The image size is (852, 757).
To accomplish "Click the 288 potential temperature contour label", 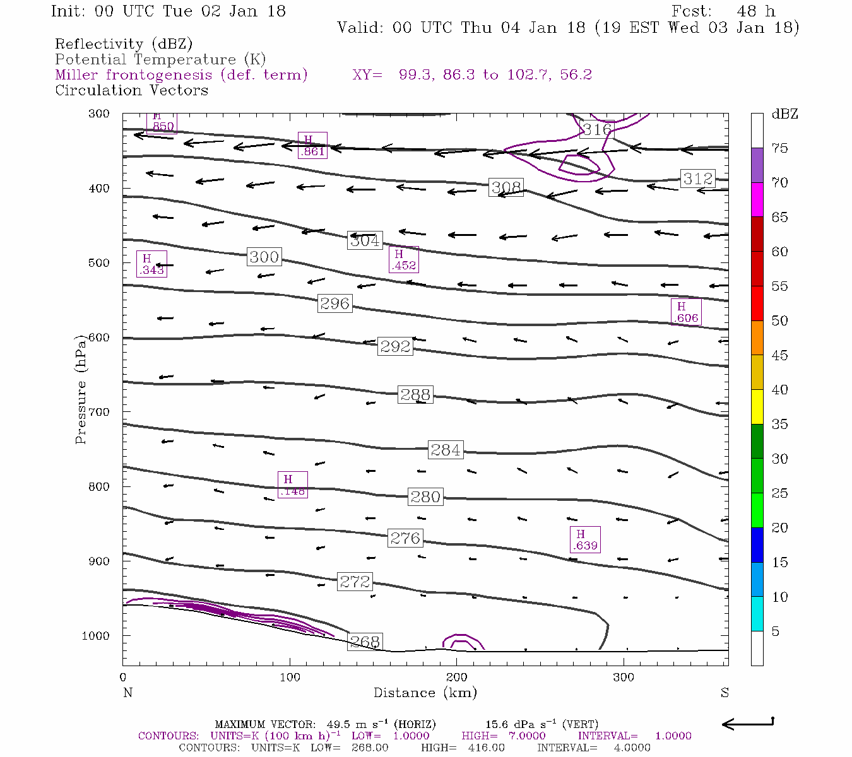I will click(x=415, y=395).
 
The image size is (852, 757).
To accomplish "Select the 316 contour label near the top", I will click(x=596, y=129).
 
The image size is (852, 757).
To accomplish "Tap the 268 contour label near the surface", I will click(x=365, y=642).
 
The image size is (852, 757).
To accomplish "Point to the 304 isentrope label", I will click(x=365, y=240).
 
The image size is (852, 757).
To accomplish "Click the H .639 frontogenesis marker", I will click(x=585, y=539).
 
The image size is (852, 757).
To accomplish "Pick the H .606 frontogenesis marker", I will click(x=685, y=312).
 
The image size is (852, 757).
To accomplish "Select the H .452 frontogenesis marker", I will click(x=403, y=259).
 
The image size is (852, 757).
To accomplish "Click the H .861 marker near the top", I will click(x=312, y=146).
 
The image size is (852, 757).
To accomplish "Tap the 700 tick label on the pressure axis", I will click(x=98, y=412).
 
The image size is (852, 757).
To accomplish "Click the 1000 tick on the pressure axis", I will click(x=96, y=636).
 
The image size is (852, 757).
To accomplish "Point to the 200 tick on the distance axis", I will click(x=457, y=678).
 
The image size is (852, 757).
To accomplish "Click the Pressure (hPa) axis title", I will click(x=80, y=389).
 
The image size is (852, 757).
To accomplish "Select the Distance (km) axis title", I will click(x=425, y=693).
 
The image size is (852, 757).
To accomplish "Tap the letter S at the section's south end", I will click(x=725, y=693).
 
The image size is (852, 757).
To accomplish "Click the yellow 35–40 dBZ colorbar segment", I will click(x=757, y=407).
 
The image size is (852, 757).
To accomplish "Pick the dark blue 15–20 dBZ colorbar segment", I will click(x=757, y=544).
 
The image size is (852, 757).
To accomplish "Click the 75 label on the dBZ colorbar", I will click(x=780, y=148).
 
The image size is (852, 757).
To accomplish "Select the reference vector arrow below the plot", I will click(x=747, y=724).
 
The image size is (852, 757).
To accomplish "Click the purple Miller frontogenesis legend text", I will click(x=181, y=75).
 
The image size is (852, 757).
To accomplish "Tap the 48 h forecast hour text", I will click(x=756, y=11).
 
